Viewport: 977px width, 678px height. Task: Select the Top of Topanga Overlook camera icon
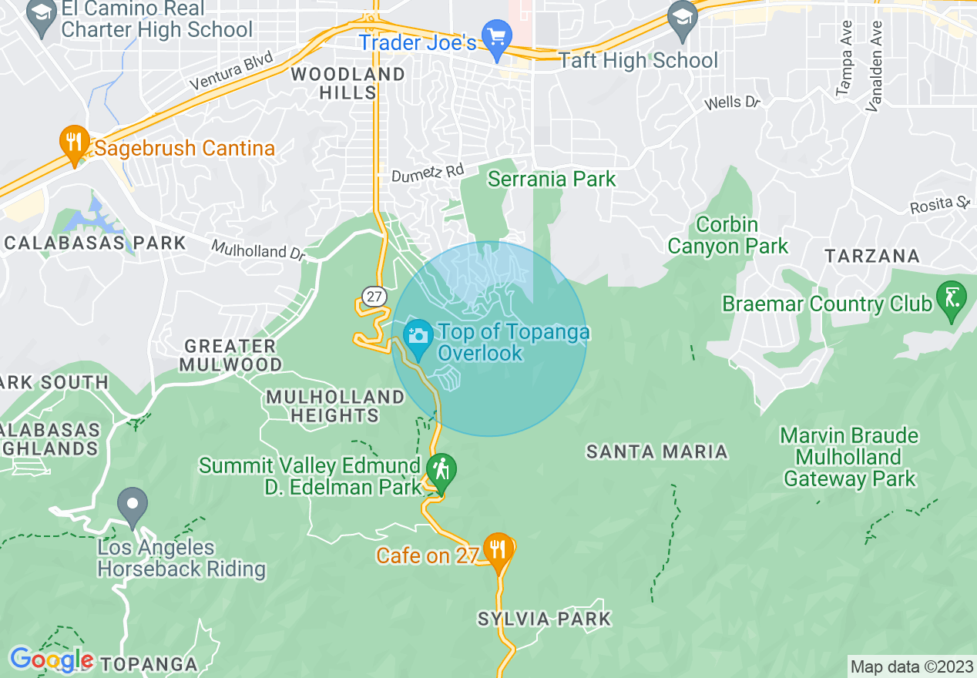pyautogui.click(x=418, y=337)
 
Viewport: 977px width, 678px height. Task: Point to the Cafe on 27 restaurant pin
pyautogui.click(x=499, y=550)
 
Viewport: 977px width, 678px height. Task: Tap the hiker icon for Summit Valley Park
pyautogui.click(x=441, y=471)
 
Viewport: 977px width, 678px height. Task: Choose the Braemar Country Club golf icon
pyautogui.click(x=952, y=298)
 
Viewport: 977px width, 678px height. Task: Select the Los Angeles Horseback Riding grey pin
pyautogui.click(x=133, y=506)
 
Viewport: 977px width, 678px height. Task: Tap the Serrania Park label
pyautogui.click(x=552, y=180)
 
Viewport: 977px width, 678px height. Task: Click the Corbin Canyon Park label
pyautogui.click(x=727, y=236)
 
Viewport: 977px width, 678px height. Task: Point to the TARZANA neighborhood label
pyautogui.click(x=872, y=256)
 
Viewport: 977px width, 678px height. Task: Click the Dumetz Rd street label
pyautogui.click(x=428, y=173)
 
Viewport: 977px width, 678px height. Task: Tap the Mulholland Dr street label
pyautogui.click(x=259, y=250)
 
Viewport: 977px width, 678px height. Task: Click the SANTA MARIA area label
pyautogui.click(x=657, y=451)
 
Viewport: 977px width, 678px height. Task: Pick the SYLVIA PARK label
pyautogui.click(x=544, y=619)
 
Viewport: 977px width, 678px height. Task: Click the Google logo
pyautogui.click(x=51, y=660)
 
